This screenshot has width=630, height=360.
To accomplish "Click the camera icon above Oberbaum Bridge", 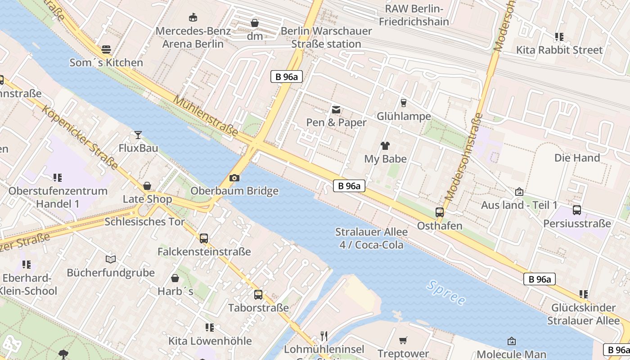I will pyautogui.click(x=234, y=178).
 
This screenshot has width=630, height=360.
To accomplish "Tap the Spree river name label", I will pyautogui.click(x=446, y=292).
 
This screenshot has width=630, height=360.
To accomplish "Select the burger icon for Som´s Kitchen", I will pyautogui.click(x=106, y=49).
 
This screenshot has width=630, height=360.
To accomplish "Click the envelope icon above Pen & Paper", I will pyautogui.click(x=336, y=109).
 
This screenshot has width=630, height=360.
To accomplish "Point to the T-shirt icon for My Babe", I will pyautogui.click(x=385, y=145).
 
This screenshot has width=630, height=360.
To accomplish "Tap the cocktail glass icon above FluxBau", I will pyautogui.click(x=138, y=135).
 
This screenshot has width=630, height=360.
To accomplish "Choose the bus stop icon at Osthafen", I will pyautogui.click(x=440, y=212).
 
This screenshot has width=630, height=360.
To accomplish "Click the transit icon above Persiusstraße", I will pyautogui.click(x=577, y=210).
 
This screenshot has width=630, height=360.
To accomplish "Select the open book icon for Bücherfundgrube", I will pyautogui.click(x=111, y=259).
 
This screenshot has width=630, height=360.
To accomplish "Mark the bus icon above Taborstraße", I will pyautogui.click(x=258, y=294).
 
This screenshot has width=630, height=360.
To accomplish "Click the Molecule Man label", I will pyautogui.click(x=511, y=354).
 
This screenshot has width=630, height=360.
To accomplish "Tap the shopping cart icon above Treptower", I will pyautogui.click(x=403, y=340).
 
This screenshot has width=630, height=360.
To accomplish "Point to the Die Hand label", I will pyautogui.click(x=577, y=158).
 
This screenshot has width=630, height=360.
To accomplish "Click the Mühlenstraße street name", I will pyautogui.click(x=206, y=116).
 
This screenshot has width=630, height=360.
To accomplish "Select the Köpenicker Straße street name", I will pyautogui.click(x=81, y=137).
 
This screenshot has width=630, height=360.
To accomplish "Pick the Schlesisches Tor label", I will pyautogui.click(x=144, y=221).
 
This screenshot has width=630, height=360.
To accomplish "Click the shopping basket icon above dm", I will pyautogui.click(x=255, y=23).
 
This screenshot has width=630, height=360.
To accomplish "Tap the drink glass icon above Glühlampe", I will pyautogui.click(x=404, y=103).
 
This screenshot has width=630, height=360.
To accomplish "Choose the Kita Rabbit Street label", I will pyautogui.click(x=559, y=49).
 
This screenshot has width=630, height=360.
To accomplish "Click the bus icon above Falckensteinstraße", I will pyautogui.click(x=204, y=238).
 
